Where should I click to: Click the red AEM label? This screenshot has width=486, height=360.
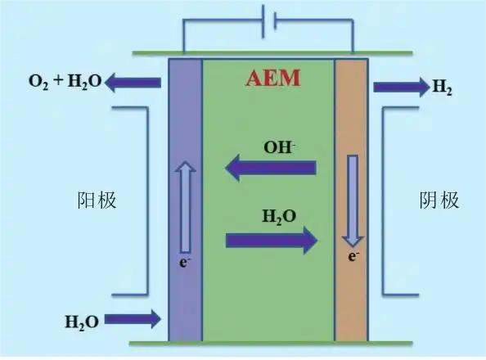273,78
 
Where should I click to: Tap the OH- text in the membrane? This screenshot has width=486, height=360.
279,147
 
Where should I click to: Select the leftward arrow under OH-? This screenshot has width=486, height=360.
271,168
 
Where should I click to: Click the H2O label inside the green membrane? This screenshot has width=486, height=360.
279,217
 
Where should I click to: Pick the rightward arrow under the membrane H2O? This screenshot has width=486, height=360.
272,241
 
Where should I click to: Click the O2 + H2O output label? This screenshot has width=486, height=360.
65,82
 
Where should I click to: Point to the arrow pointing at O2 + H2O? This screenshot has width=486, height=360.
133,83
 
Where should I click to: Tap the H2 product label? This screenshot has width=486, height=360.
443,87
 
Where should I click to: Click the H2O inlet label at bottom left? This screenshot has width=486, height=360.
82,322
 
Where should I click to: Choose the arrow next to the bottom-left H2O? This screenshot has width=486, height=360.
133,319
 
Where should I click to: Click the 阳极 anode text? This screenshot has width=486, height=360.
97,200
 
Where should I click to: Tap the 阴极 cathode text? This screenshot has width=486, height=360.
439,200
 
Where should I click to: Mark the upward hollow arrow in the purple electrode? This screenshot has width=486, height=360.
186,207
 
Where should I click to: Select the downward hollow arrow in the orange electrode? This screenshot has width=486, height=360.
353,201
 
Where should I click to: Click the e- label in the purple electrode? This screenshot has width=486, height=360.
184,263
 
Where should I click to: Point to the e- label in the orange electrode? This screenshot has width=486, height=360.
353,256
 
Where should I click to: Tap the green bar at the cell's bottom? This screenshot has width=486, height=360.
271,343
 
